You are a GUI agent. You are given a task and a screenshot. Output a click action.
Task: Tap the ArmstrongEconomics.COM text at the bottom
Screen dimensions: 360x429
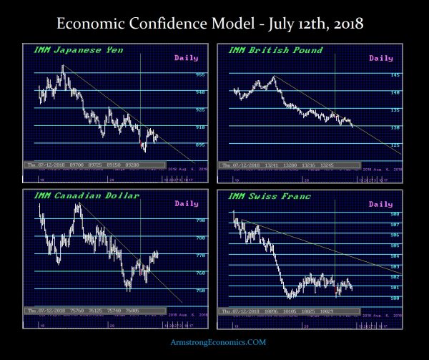pyautogui.click(x=214, y=343)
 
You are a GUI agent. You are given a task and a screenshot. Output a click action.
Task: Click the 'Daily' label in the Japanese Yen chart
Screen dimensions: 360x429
pyautogui.click(x=185, y=58)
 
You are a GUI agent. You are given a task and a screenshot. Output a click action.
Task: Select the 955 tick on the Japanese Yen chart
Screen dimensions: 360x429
pyautogui.click(x=202, y=74)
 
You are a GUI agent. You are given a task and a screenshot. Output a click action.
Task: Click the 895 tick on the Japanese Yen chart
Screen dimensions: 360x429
pyautogui.click(x=202, y=145)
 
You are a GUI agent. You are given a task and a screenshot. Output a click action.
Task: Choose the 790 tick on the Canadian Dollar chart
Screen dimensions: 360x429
pyautogui.click(x=201, y=220)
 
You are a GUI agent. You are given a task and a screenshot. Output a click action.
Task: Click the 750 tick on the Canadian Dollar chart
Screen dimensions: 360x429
pyautogui.click(x=201, y=290)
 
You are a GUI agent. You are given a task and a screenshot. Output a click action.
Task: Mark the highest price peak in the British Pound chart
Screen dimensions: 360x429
pyautogui.click(x=272, y=77)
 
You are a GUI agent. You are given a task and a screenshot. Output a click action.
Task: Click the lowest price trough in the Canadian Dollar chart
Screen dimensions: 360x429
pyautogui.click(x=129, y=289)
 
